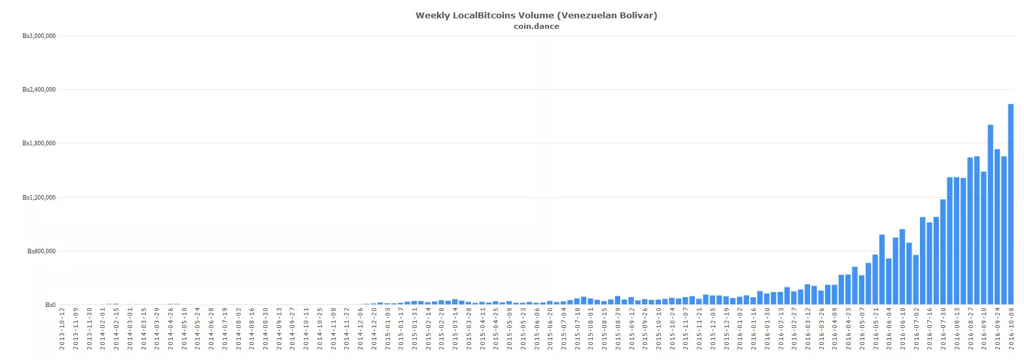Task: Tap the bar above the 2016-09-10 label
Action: (x=983, y=238)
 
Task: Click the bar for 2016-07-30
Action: (x=943, y=252)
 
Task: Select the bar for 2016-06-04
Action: (x=889, y=281)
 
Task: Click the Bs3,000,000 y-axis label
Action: (x=39, y=36)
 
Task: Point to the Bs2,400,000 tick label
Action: (x=39, y=90)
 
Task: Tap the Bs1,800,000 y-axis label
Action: (x=39, y=143)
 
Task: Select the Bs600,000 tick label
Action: (x=40, y=251)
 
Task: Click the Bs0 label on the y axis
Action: (x=50, y=305)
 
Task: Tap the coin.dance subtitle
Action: (x=536, y=26)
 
